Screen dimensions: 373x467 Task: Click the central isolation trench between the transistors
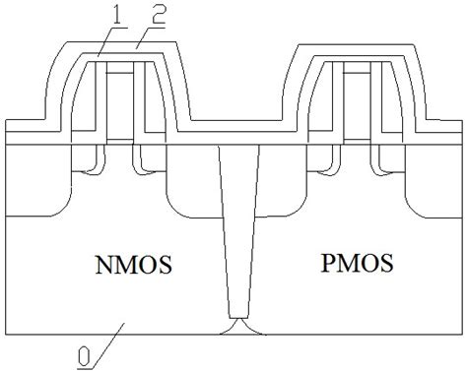point(235,226)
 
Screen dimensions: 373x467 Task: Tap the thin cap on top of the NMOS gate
point(119,71)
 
